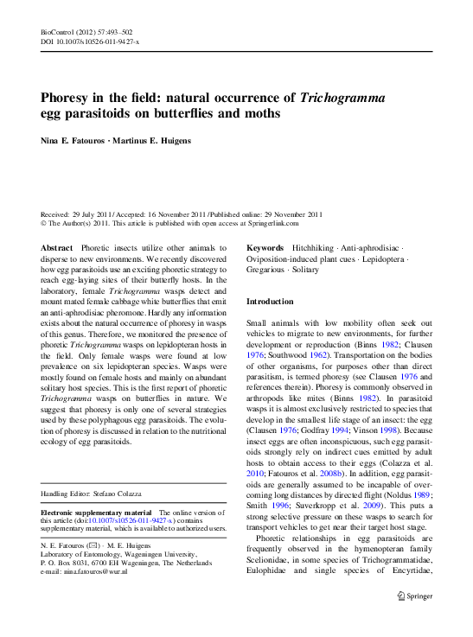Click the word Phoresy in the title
[x=68, y=98]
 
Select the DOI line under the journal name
[x=90, y=41]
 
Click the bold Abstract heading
[x=57, y=248]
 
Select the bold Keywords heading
[x=266, y=248]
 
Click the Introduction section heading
[x=270, y=302]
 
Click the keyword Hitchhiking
[x=314, y=248]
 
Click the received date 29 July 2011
[x=97, y=213]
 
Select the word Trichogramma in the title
[x=342, y=98]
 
